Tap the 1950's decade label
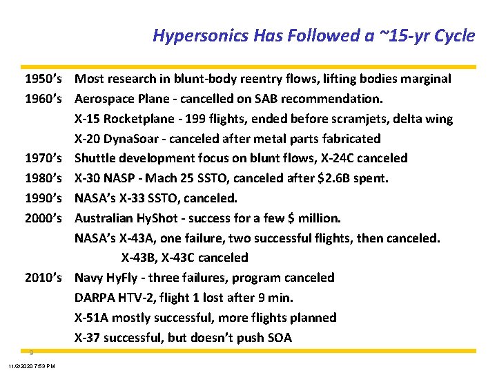(44, 79)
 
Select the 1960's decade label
(44, 99)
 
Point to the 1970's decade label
(44, 158)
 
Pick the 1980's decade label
(44, 178)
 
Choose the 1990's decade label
(44, 198)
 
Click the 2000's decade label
(44, 218)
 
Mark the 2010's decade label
(44, 278)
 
